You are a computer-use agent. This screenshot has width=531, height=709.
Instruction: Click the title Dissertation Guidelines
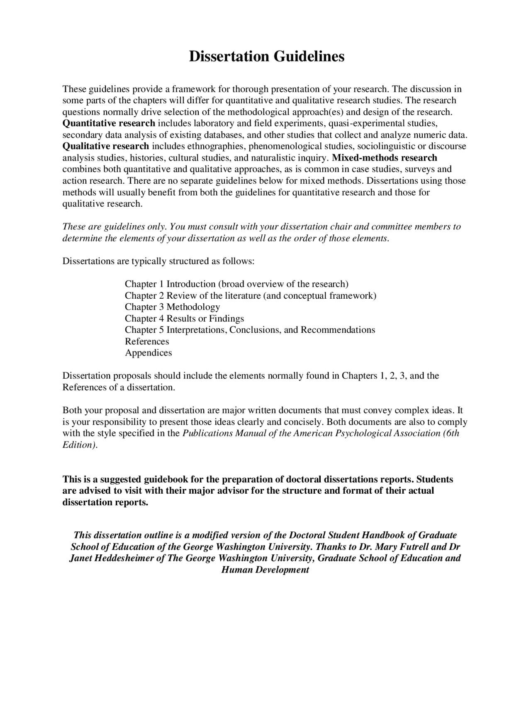266,56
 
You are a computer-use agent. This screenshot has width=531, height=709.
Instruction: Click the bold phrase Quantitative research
109,123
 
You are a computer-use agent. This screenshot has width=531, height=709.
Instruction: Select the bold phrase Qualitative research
105,146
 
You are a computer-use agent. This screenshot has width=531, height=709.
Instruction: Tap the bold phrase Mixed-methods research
385,158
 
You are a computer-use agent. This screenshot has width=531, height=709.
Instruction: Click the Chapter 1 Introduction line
236,284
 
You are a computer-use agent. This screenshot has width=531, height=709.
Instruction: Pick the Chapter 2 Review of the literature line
250,295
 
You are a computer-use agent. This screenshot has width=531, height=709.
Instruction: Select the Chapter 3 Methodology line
172,307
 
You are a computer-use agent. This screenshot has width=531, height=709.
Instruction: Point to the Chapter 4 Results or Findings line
184,319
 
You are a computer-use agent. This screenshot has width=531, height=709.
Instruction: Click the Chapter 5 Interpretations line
250,330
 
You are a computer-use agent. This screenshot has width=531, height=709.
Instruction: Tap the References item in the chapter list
147,341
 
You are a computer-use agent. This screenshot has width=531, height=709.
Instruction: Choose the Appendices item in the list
148,353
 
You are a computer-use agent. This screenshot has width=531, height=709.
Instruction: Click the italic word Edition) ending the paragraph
80,445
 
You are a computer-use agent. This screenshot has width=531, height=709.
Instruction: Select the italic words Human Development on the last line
265,570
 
